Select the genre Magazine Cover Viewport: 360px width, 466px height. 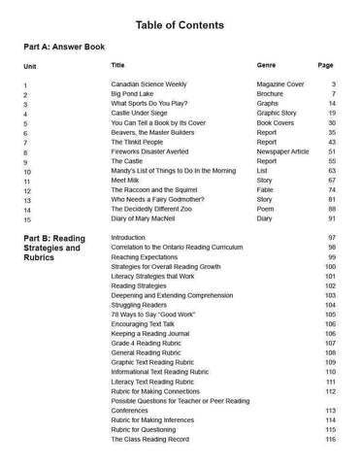[285, 85]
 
